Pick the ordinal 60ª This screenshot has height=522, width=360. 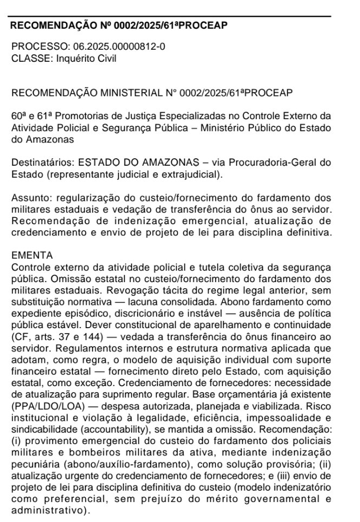[19, 117]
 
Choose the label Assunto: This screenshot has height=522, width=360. [30, 198]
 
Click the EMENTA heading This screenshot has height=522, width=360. [32, 255]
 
